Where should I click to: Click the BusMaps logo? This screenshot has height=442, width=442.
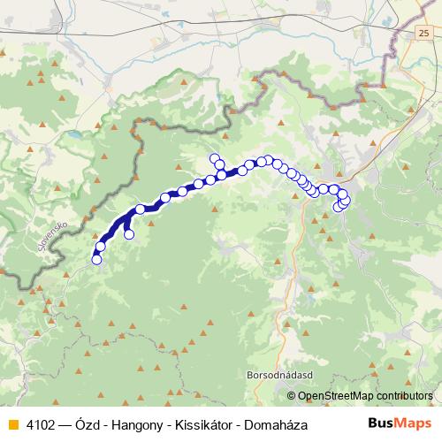click(394, 424)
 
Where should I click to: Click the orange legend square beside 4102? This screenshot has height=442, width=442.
click(12, 425)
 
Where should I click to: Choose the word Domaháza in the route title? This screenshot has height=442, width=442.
click(278, 425)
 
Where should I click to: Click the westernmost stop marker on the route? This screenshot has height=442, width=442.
click(96, 260)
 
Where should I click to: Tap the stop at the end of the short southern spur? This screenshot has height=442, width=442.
click(129, 234)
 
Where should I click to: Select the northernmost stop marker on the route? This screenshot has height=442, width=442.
click(214, 158)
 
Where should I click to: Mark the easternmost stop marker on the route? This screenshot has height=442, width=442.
click(346, 200)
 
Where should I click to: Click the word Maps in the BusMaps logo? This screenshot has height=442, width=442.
click(408, 424)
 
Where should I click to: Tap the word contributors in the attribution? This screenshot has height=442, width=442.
click(403, 396)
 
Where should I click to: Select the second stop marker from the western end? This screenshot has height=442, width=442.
click(101, 247)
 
